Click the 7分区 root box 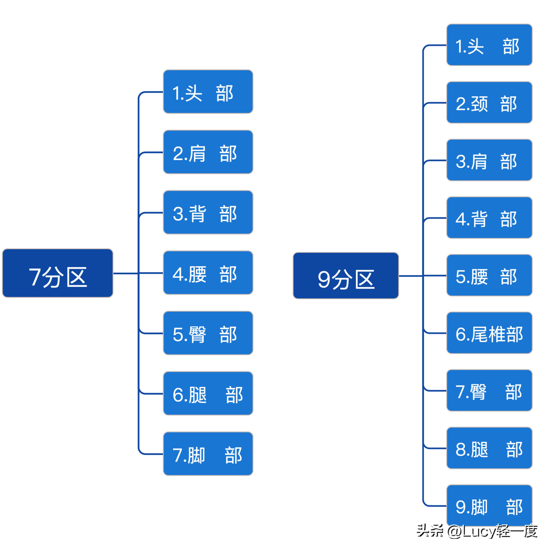58,273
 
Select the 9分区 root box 346,276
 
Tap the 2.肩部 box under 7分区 208,152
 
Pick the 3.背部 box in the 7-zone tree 208,212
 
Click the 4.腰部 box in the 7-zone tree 208,273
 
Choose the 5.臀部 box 208,333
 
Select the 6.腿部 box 208,393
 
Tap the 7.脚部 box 208,454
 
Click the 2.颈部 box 489,102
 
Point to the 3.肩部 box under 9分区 489,160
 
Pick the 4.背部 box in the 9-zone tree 489,218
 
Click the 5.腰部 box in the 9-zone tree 489,275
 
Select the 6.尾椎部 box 489,333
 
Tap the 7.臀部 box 489,391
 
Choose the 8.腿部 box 489,448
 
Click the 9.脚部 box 489,506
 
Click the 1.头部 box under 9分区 489,45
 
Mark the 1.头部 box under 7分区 208,92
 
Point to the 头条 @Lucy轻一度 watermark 477,531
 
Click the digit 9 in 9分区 324,280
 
